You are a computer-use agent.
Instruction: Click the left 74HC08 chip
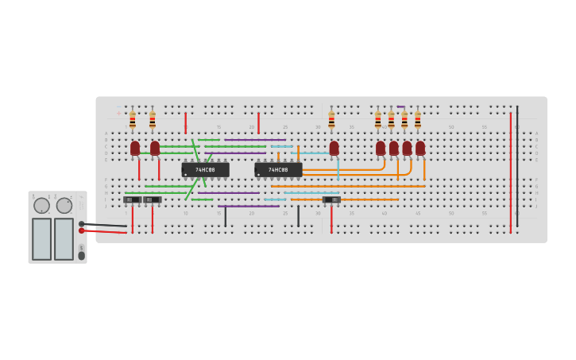[205, 169]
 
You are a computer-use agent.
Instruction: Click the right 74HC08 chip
[278, 169]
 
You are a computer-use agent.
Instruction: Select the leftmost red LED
[135, 148]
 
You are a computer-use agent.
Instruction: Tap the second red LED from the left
[155, 148]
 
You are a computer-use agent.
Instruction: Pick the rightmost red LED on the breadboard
[420, 148]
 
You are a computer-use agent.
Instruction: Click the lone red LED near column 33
[334, 148]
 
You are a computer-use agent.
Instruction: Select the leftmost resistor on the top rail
[133, 120]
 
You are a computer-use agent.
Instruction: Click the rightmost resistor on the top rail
[418, 120]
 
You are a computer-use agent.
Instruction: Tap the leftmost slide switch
[132, 199]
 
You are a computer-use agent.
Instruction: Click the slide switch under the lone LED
[332, 199]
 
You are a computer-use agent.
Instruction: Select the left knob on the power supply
[42, 206]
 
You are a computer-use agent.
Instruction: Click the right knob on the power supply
[64, 206]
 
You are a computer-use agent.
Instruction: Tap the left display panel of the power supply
[42, 238]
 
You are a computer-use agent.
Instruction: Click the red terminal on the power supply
[81, 230]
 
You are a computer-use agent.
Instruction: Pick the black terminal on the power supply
[81, 223]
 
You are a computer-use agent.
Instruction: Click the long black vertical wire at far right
[517, 167]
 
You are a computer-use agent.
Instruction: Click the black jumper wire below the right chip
[298, 215]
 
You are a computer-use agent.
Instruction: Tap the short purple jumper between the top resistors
[401, 107]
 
